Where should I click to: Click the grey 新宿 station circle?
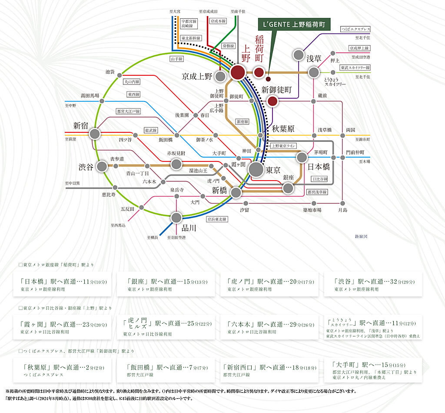click(95, 134)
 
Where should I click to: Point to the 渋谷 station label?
click(86, 167)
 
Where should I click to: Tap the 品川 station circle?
click(176, 217)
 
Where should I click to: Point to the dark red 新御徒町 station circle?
click(272, 101)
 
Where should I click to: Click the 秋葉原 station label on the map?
click(283, 129)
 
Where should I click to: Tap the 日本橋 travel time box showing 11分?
click(63, 284)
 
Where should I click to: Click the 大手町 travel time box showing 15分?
click(373, 370)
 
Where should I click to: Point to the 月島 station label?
click(343, 210)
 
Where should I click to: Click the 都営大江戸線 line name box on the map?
click(128, 112)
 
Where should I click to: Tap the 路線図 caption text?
click(361, 236)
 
